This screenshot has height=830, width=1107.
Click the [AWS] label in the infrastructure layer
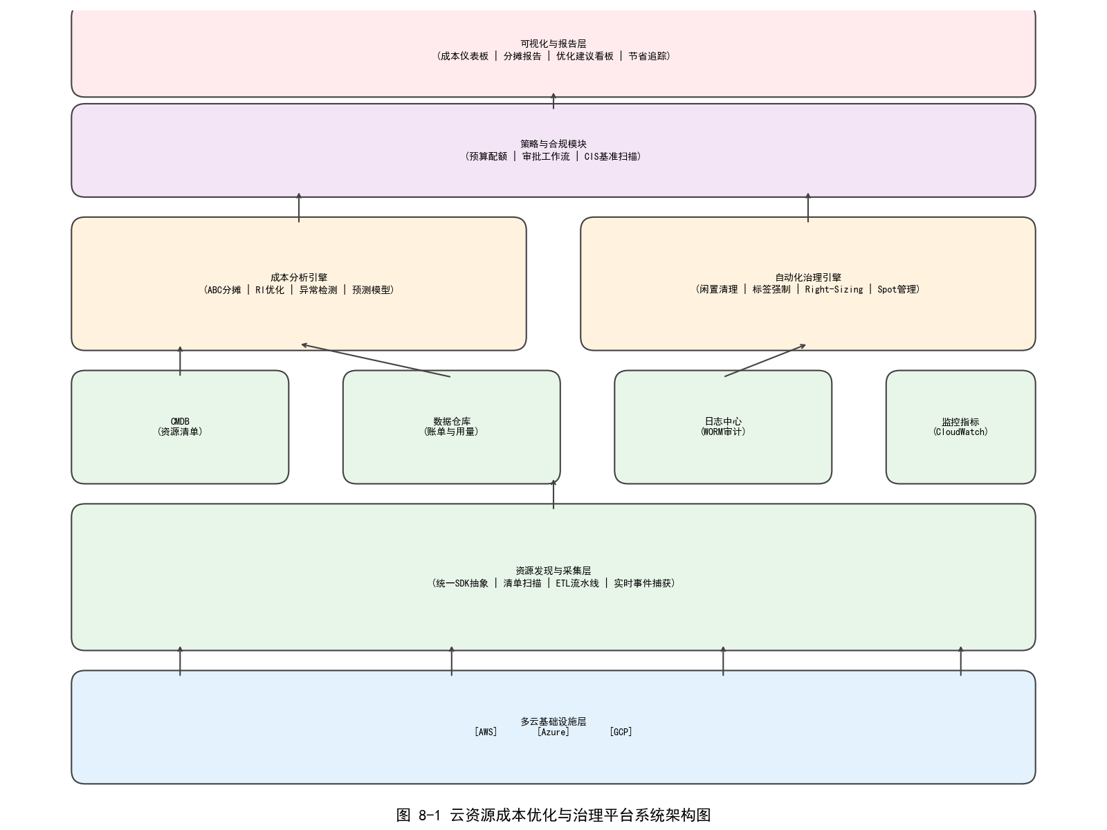(486, 732)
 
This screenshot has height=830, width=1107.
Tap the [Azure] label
(553, 732)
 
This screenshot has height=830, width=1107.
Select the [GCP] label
(621, 732)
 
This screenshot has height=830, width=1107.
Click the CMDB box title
(180, 421)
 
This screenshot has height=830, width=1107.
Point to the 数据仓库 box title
(452, 421)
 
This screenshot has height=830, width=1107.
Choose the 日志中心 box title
(723, 421)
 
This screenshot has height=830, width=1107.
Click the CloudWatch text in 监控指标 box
(960, 432)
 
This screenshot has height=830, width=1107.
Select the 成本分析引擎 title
(299, 277)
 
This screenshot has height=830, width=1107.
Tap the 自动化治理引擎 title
(808, 277)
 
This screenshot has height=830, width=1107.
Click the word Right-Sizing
(834, 290)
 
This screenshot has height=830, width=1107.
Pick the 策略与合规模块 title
(553, 144)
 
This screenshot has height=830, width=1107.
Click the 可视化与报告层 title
(553, 44)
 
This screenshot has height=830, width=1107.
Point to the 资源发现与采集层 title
(553, 571)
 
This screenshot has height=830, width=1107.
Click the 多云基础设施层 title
(553, 721)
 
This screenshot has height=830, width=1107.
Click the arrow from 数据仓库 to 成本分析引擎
(376, 360)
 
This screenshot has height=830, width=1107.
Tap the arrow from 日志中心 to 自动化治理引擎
(765, 360)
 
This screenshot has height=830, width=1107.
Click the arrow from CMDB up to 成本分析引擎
(180, 361)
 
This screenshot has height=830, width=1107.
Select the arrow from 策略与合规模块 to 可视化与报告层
(553, 101)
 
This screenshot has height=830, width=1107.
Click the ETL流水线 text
(577, 583)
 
